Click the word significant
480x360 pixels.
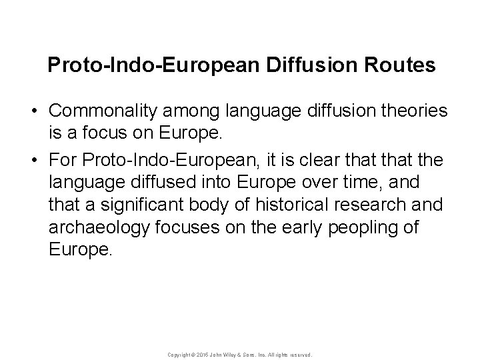[134, 203]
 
